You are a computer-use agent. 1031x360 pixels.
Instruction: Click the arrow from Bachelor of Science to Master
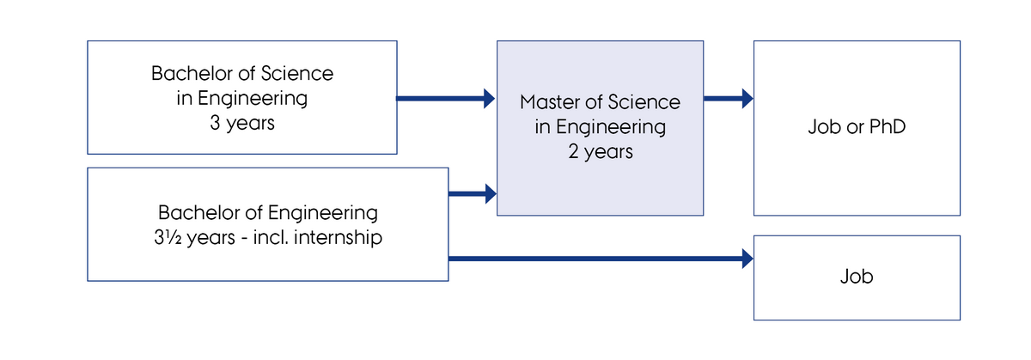[x=446, y=99]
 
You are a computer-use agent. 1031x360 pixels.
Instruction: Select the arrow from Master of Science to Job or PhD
[x=729, y=99]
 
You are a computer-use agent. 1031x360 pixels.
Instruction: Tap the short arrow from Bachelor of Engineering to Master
[x=473, y=193]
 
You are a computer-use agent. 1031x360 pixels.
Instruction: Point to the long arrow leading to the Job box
[x=601, y=259]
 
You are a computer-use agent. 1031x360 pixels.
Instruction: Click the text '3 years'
[x=242, y=124]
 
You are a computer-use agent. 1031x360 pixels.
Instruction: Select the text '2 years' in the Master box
[x=601, y=152]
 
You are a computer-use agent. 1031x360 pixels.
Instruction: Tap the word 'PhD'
[x=888, y=126]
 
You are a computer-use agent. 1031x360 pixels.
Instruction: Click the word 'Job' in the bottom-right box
[x=857, y=277]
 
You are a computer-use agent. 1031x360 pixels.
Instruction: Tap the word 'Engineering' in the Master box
[x=611, y=127]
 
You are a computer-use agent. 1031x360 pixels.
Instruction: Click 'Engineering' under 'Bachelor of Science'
[x=253, y=99]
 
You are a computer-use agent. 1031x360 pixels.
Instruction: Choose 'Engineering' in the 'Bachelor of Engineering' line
[x=323, y=214]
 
